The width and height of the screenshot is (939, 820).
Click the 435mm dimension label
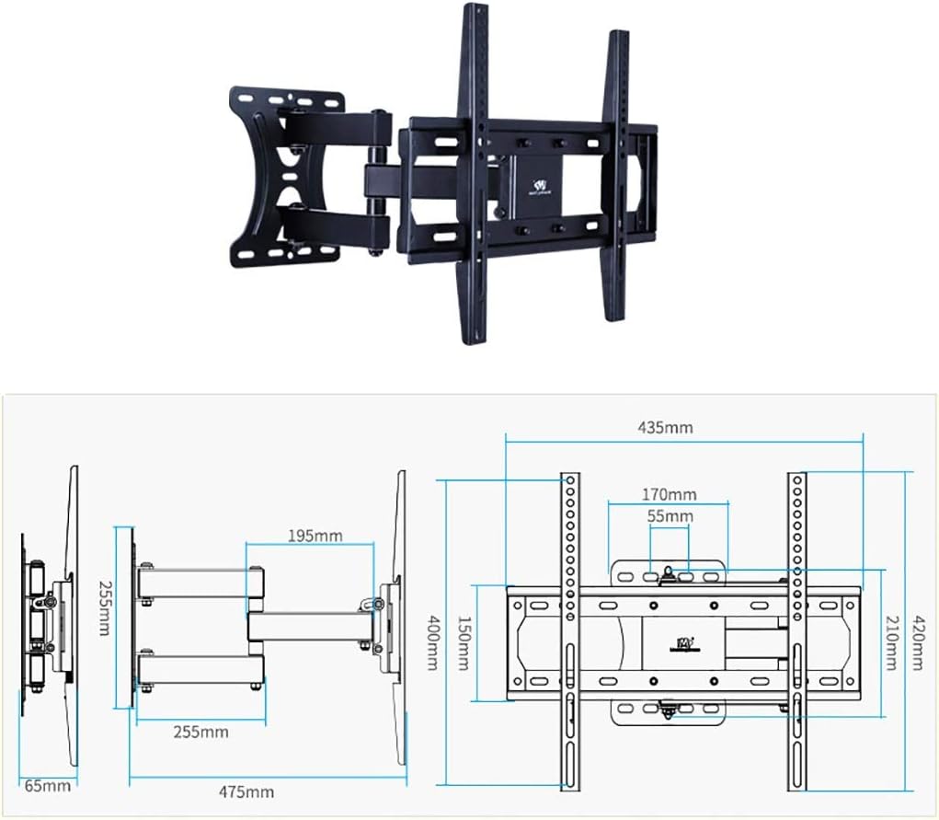click(x=665, y=427)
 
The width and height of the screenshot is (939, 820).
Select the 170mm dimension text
click(x=669, y=494)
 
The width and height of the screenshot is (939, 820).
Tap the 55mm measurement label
click(x=670, y=516)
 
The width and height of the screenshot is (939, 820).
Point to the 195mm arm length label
click(x=315, y=535)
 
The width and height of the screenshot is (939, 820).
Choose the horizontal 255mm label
click(x=200, y=733)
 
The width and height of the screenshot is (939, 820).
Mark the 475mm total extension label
click(x=246, y=791)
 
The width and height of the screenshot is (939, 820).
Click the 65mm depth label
click(x=46, y=786)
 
